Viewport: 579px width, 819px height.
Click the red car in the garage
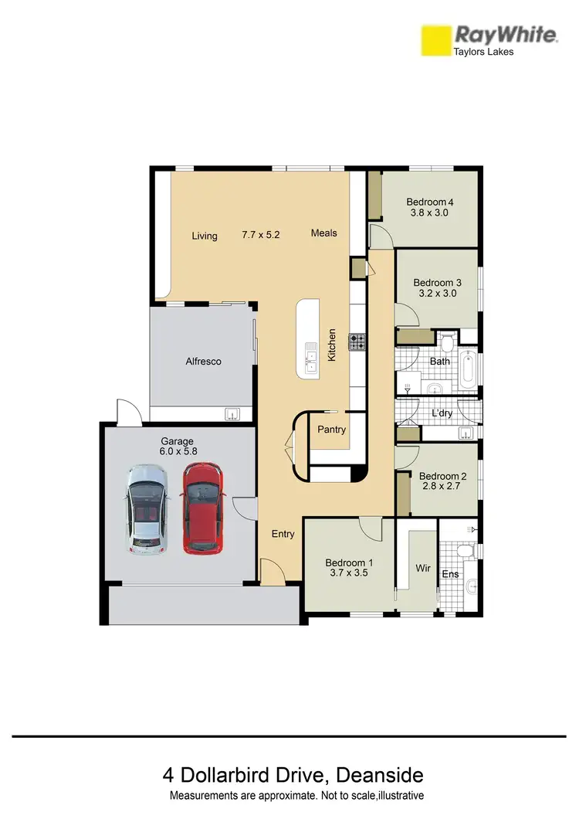pyautogui.click(x=202, y=508)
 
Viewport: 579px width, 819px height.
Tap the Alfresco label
pyautogui.click(x=203, y=361)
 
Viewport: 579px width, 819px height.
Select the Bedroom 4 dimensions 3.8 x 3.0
pyautogui.click(x=429, y=213)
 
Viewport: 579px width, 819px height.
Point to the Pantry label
pyautogui.click(x=331, y=430)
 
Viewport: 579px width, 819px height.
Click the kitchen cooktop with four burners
pyautogui.click(x=357, y=342)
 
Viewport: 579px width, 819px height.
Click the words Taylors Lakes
pyautogui.click(x=482, y=52)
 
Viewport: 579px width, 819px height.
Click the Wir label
pyautogui.click(x=422, y=568)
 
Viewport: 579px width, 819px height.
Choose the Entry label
pyautogui.click(x=283, y=533)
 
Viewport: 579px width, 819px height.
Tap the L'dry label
pyautogui.click(x=442, y=413)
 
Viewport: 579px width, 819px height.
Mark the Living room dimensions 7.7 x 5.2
pyautogui.click(x=260, y=234)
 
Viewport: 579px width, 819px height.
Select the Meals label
pyautogui.click(x=323, y=233)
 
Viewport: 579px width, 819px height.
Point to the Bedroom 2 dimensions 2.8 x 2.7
pyautogui.click(x=440, y=488)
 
